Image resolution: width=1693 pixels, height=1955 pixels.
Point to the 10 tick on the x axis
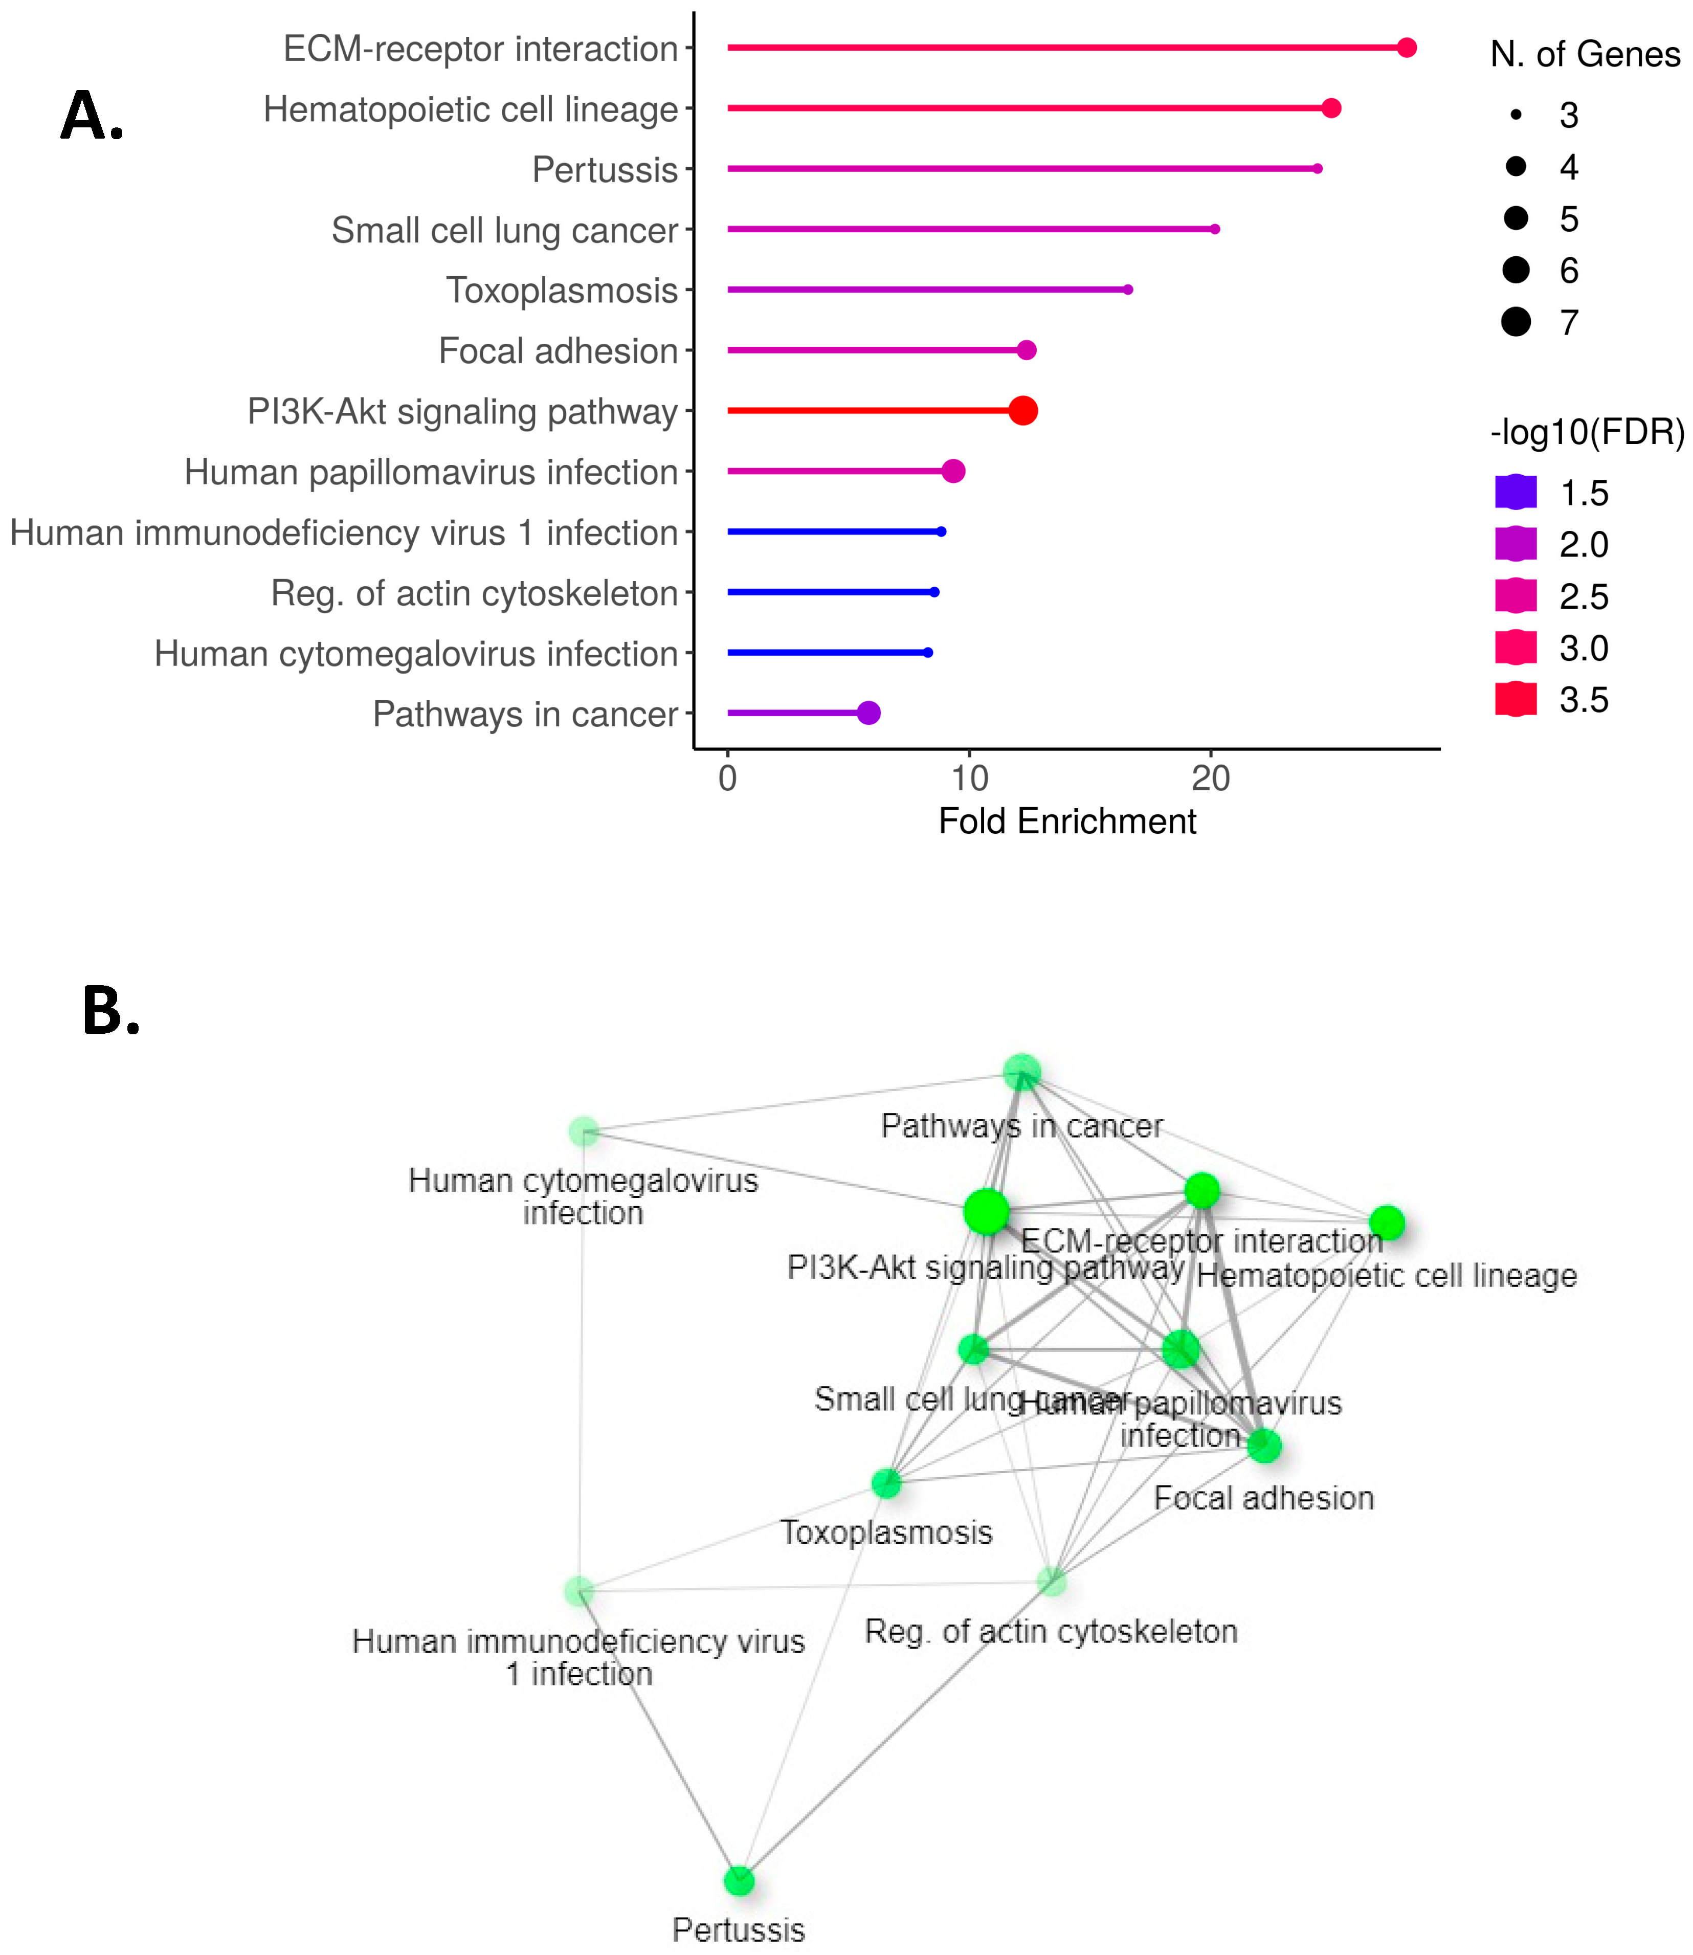(x=969, y=779)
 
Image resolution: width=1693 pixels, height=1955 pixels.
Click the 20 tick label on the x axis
(x=1211, y=779)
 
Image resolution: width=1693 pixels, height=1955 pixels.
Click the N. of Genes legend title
(x=1585, y=55)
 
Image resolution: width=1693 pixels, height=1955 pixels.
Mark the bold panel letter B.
(x=110, y=1011)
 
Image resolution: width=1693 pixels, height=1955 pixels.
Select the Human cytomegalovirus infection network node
(x=584, y=1131)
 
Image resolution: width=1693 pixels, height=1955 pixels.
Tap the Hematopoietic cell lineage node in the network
(x=1386, y=1223)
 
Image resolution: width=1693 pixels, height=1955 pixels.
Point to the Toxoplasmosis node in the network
(x=886, y=1483)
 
